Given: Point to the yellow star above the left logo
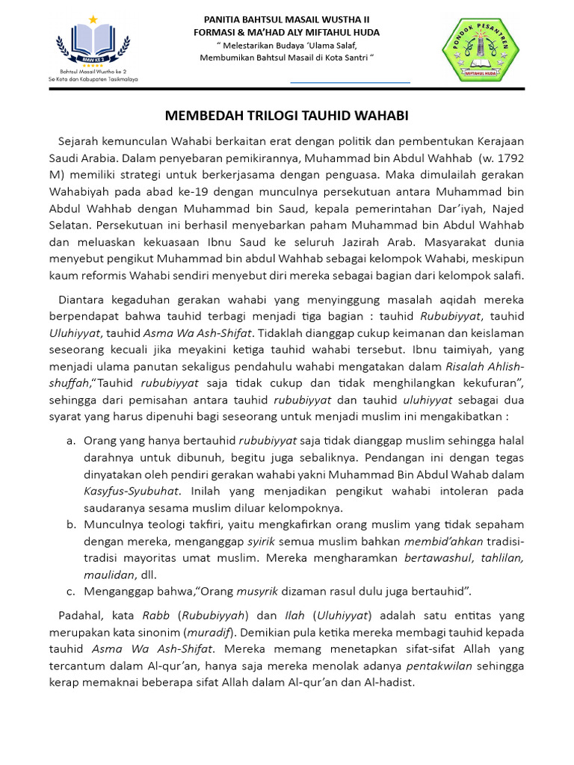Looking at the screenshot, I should pyautogui.click(x=93, y=19).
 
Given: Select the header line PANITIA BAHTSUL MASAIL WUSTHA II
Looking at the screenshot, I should pyautogui.click(x=286, y=19).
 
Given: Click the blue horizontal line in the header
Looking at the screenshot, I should pyautogui.click(x=350, y=81).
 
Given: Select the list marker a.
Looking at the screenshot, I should pyautogui.click(x=70, y=441).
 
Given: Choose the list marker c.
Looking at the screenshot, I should pyautogui.click(x=70, y=592).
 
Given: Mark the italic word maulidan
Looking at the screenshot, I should pyautogui.click(x=108, y=575).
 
